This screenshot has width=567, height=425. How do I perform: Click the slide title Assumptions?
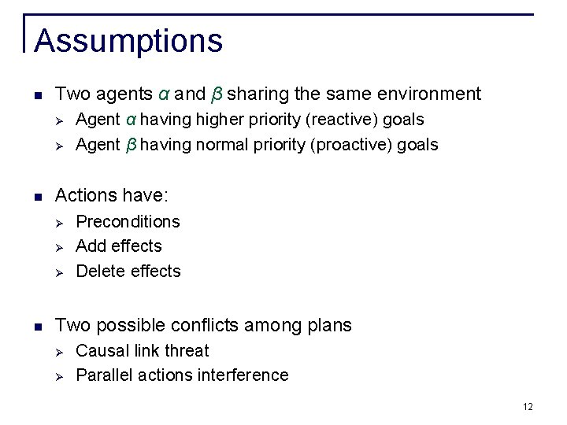128,41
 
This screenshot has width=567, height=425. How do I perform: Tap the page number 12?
527,406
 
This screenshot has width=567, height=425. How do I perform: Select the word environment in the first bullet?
428,94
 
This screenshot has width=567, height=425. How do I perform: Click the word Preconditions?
128,222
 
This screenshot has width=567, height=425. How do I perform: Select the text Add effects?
118,246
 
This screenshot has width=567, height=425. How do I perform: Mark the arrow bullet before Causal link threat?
58,351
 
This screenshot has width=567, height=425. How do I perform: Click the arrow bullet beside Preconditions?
58,222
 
